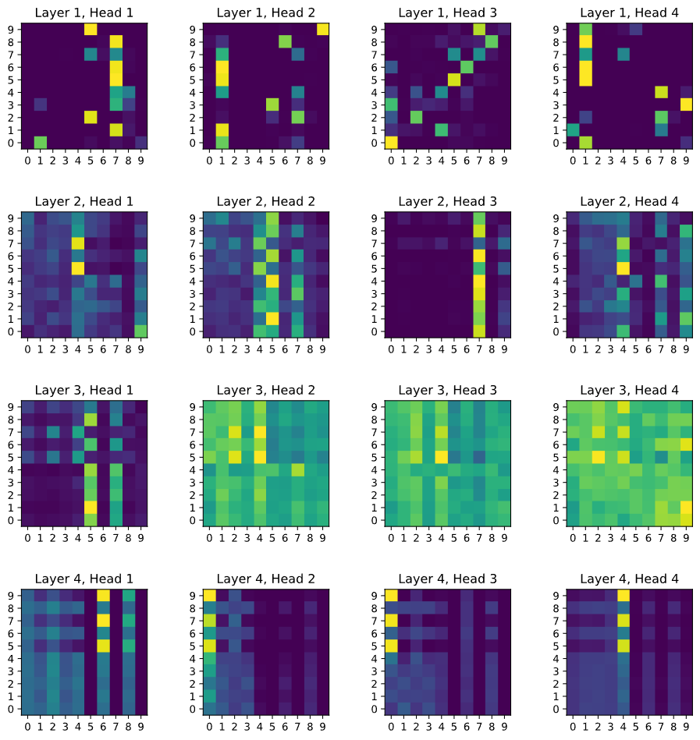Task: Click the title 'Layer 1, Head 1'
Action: [x=84, y=12]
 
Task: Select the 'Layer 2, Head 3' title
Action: [x=447, y=201]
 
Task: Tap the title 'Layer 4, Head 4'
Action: [x=629, y=579]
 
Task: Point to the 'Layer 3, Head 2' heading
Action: [x=266, y=391]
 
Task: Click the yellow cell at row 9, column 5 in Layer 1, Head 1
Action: [x=91, y=30]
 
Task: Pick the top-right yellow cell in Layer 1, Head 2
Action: [x=322, y=30]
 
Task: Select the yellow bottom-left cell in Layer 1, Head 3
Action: [x=391, y=143]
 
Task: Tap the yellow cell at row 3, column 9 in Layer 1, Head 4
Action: [x=686, y=104]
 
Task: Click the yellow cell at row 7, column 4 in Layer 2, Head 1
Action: [x=78, y=243]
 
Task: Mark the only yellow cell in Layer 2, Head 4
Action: [x=623, y=268]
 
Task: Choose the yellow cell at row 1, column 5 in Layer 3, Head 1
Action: [x=91, y=508]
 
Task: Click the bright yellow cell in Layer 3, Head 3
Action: [x=441, y=457]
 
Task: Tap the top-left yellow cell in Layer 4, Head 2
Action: [x=209, y=596]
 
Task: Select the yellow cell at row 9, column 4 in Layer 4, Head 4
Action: [x=623, y=596]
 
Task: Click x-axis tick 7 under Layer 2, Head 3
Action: [x=479, y=349]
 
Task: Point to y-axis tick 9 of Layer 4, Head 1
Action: [x=12, y=596]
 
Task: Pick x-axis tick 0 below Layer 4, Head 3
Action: [x=391, y=727]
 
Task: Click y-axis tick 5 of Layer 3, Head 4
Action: [x=556, y=457]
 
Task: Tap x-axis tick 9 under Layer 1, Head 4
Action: [x=686, y=161]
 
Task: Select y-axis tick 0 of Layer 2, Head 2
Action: [x=193, y=331]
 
